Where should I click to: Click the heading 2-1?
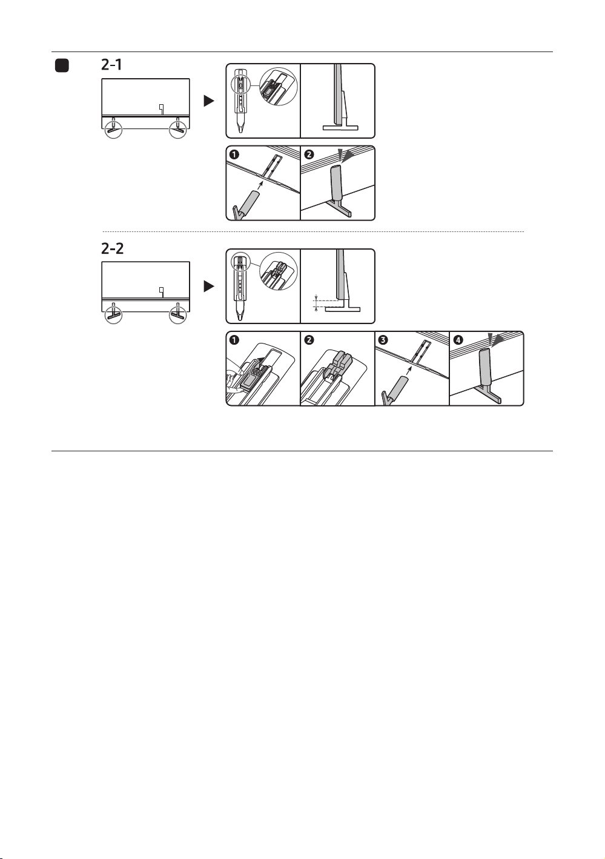pos(111,64)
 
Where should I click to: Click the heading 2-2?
pos(112,249)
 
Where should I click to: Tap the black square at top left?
pos(62,65)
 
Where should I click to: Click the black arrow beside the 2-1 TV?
pos(209,101)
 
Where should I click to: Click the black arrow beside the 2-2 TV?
pos(209,287)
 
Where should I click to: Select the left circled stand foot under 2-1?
pos(113,129)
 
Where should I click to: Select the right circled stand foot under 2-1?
pos(178,129)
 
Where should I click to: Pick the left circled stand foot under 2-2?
pos(113,314)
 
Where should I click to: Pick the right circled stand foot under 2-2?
pos(178,314)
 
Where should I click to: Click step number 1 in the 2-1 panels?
pos(234,154)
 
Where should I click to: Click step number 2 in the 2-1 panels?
pos(309,154)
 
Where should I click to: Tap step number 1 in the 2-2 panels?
pos(234,340)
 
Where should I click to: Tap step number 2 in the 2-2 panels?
pos(309,340)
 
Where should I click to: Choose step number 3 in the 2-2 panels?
pos(383,340)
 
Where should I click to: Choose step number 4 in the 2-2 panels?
pos(458,340)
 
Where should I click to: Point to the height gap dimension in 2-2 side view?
pos(316,303)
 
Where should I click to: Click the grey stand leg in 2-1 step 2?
pos(337,184)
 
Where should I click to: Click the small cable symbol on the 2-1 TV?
pos(162,109)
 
